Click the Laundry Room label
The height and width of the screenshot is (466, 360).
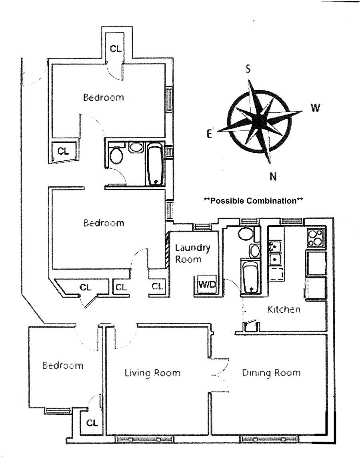click(192, 253)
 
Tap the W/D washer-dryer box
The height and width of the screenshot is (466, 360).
click(207, 285)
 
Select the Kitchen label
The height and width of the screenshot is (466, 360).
click(284, 309)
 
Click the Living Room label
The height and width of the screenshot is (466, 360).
click(153, 373)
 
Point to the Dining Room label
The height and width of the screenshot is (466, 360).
click(271, 373)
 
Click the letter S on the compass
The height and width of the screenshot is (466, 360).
click(248, 69)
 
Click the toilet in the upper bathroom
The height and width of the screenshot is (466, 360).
click(116, 156)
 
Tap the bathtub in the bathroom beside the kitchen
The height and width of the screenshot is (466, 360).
click(251, 276)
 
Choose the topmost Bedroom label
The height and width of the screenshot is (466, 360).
click(103, 97)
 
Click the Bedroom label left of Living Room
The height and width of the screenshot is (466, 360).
click(63, 365)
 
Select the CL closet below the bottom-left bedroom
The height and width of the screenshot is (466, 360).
click(92, 422)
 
